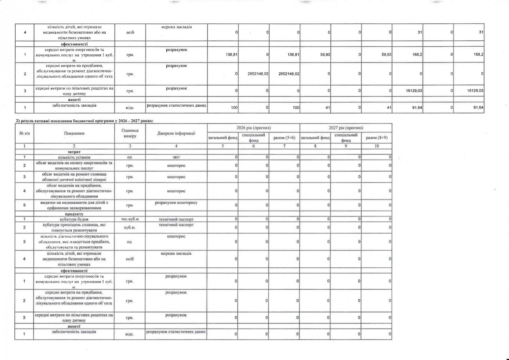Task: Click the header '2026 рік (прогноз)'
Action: [x=253, y=128]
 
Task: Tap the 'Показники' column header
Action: [x=74, y=133]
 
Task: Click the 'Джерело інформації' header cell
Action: [x=176, y=133]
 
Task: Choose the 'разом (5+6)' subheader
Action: [x=284, y=138]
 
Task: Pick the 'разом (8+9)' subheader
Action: [x=376, y=138]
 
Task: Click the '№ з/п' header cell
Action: [x=25, y=133]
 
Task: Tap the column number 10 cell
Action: [x=376, y=146]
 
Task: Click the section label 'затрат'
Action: [x=74, y=152]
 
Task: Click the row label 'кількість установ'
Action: [x=74, y=157]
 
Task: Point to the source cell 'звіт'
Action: [x=176, y=157]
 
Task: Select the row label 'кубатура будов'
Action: [x=74, y=219]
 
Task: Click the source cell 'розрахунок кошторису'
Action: [x=176, y=203]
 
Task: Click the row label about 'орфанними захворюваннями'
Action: [x=74, y=205]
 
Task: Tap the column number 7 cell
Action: [x=284, y=146]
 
